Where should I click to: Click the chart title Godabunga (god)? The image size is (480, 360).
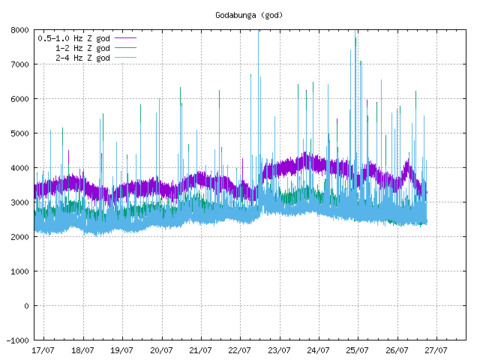[x=249, y=15]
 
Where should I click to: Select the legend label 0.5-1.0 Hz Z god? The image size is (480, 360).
[x=73, y=38]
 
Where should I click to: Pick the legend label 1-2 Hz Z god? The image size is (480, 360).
[x=82, y=48]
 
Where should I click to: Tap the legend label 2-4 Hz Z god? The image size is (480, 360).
[x=82, y=58]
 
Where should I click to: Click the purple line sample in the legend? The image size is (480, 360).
[x=125, y=38]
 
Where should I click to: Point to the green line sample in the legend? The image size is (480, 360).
[x=125, y=47]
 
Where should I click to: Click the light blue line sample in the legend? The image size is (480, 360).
[x=125, y=57]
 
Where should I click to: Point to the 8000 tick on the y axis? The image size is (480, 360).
[x=20, y=30]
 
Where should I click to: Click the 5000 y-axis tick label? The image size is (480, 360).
[x=20, y=133]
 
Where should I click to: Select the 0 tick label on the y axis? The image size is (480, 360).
[x=27, y=306]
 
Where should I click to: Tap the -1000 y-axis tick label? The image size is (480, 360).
[x=18, y=340]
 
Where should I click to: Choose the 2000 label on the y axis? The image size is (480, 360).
[x=20, y=237]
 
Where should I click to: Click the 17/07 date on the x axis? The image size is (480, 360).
[x=43, y=350]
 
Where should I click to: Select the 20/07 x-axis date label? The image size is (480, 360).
[x=161, y=350]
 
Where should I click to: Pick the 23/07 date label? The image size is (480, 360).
[x=279, y=350]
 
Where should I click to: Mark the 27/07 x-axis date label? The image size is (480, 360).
[x=436, y=350]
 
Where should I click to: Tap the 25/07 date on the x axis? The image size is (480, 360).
[x=357, y=350]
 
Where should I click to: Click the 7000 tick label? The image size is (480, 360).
[x=20, y=64]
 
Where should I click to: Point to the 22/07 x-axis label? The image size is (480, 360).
[x=240, y=350]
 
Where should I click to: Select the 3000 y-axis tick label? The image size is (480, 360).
[x=20, y=202]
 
